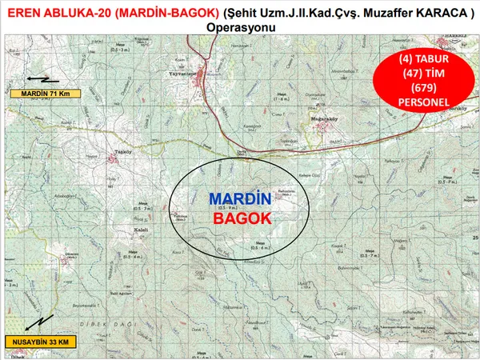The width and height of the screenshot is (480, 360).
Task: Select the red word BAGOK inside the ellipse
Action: pyautogui.click(x=242, y=218)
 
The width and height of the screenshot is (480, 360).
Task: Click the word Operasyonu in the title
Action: pyautogui.click(x=241, y=26)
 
